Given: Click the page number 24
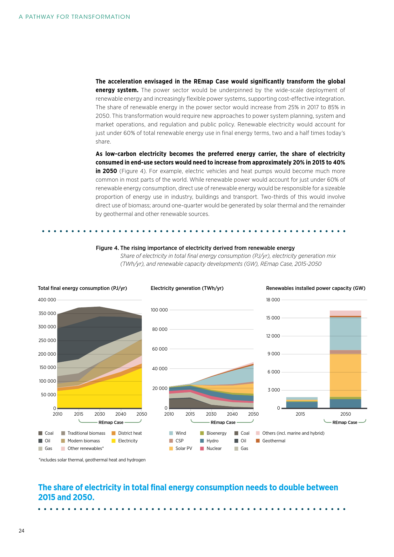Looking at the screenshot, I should (22, 531).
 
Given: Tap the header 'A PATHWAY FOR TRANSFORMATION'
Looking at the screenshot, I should (74, 17).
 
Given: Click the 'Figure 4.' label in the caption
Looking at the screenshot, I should (107, 248).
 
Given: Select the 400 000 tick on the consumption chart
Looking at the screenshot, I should (47, 300).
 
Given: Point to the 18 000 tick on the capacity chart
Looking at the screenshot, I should (273, 300).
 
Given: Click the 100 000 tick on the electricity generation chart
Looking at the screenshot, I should (159, 310).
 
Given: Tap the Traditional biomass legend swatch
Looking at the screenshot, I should (63, 433).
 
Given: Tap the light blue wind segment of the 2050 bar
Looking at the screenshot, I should (345, 333).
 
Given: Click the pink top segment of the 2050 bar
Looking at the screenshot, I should (345, 313).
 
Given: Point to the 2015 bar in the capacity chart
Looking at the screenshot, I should (302, 403).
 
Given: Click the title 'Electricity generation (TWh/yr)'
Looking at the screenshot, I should (187, 288).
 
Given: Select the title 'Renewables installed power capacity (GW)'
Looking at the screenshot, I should (316, 288).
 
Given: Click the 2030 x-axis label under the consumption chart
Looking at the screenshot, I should (99, 414).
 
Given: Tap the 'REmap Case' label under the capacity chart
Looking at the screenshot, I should (345, 422).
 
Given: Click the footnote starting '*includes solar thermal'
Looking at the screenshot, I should (92, 460).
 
